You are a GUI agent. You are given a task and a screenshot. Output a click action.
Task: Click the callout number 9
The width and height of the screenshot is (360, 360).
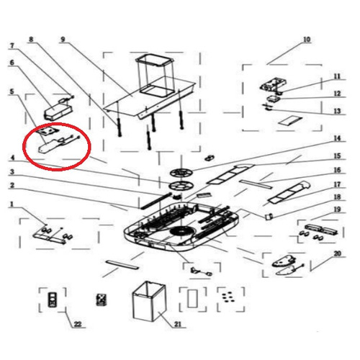click(63, 39)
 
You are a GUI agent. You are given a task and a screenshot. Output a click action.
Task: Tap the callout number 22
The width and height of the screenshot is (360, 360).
click(78, 324)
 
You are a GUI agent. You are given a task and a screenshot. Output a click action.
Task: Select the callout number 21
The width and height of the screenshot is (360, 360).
click(178, 324)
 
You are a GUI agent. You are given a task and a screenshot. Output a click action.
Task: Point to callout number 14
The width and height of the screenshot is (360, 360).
click(337, 138)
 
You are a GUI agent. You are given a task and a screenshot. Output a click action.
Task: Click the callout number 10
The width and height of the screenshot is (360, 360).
click(307, 39)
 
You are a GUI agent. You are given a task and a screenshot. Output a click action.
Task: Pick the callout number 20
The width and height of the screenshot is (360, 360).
click(338, 253)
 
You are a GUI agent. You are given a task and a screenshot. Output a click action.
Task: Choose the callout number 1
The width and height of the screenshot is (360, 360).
click(12, 204)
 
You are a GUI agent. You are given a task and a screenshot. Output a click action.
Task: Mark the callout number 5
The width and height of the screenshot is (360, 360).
click(12, 91)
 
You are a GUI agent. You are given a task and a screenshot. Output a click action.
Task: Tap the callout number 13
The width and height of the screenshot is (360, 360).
click(337, 111)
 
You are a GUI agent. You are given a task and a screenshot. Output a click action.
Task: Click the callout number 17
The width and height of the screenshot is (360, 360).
click(337, 184)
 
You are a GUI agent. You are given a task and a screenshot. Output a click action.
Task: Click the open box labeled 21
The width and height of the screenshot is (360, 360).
click(149, 302)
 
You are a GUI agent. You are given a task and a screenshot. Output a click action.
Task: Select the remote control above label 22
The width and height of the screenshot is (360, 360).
click(52, 300)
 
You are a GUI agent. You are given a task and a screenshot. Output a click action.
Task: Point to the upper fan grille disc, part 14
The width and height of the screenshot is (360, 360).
click(181, 173)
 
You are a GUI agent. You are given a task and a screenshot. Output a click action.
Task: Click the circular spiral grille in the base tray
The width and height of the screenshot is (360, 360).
click(181, 232)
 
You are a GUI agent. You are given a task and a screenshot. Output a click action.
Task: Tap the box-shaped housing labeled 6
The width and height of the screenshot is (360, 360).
click(58, 111)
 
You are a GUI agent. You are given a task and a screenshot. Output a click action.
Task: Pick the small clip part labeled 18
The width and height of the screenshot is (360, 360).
click(269, 216)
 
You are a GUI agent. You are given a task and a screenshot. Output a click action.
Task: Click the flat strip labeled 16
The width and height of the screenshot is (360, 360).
click(256, 184)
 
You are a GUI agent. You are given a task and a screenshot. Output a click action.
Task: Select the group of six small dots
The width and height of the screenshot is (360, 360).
click(227, 297)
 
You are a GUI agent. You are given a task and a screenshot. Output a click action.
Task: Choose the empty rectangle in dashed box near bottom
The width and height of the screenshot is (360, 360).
click(192, 299)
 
